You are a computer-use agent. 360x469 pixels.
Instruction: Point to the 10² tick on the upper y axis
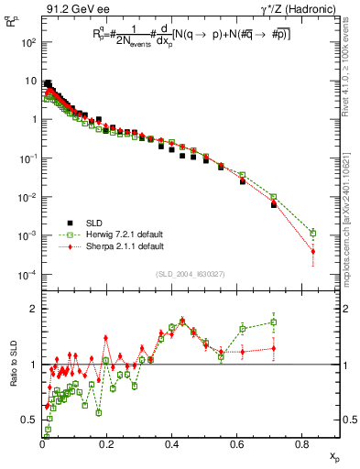pyautogui.click(x=29, y=42)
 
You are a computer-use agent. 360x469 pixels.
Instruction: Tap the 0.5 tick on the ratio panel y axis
pyautogui.click(x=28, y=420)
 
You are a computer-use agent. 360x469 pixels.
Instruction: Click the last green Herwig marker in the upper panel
pyautogui.click(x=312, y=233)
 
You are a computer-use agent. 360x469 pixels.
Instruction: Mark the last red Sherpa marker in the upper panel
pyautogui.click(x=312, y=251)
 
